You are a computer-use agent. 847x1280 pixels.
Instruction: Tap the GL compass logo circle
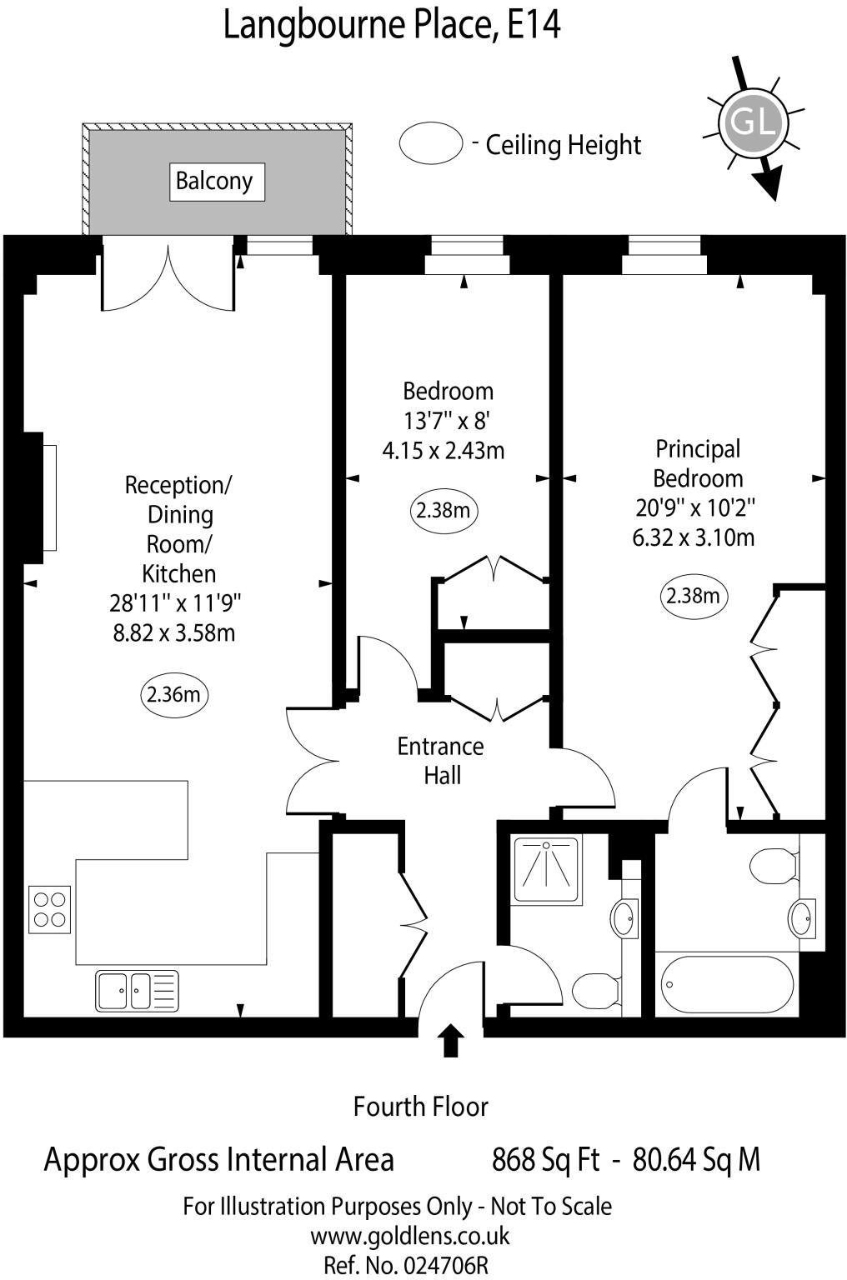(x=753, y=122)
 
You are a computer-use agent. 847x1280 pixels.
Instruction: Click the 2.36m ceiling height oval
(x=173, y=694)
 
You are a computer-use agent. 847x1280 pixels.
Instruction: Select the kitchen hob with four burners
(x=49, y=909)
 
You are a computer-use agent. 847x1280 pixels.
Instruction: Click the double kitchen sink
(x=137, y=991)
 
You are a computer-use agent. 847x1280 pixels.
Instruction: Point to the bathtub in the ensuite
(x=727, y=984)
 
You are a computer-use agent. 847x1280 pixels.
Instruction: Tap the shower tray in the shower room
(x=547, y=869)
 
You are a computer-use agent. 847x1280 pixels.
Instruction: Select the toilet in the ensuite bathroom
(x=774, y=866)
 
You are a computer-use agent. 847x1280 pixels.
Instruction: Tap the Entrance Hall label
(x=441, y=761)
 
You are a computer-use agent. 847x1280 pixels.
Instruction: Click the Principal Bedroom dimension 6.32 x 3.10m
(x=694, y=537)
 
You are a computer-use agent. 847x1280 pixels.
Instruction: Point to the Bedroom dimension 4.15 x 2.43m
(x=444, y=451)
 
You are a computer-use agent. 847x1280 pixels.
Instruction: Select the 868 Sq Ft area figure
(x=546, y=1160)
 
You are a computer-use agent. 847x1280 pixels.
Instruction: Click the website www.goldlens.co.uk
(x=410, y=1236)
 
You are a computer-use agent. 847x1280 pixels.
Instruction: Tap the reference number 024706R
(x=445, y=1265)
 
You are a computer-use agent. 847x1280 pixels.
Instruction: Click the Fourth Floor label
(x=421, y=1107)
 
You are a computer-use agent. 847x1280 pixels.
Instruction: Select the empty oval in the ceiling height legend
(x=430, y=143)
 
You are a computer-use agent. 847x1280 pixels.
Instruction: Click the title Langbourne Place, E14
(x=392, y=25)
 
